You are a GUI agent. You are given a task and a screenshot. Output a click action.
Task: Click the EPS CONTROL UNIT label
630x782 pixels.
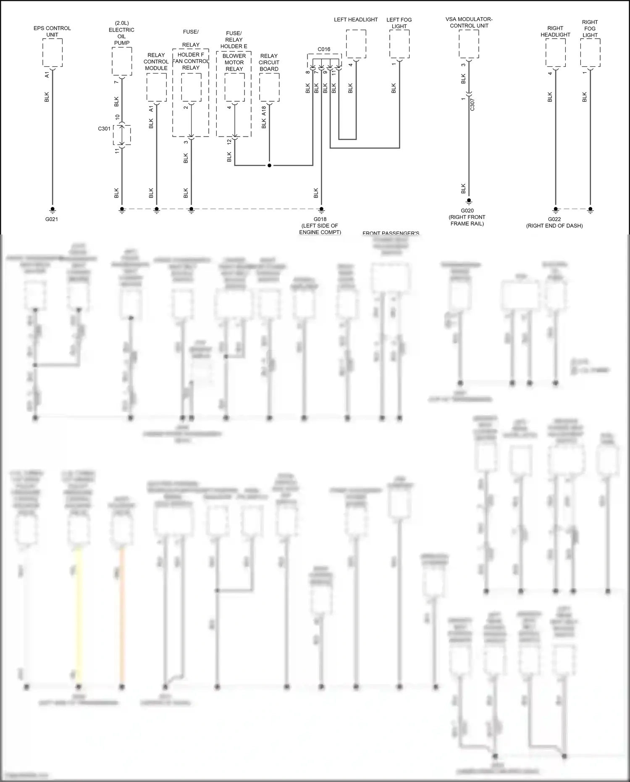point(52,32)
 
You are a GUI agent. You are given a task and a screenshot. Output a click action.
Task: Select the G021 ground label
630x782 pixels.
point(52,219)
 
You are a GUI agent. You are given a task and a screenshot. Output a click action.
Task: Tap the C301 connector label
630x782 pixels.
point(104,129)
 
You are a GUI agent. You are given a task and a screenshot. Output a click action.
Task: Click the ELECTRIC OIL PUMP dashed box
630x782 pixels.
point(122,61)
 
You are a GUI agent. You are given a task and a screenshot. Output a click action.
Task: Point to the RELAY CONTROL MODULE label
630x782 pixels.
point(156,62)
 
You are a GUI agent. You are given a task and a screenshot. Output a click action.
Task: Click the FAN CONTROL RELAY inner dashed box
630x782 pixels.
point(191,87)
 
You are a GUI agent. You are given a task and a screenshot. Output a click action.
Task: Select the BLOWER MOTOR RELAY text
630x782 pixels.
point(234,62)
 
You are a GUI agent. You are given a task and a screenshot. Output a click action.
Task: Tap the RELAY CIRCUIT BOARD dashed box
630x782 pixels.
point(269,87)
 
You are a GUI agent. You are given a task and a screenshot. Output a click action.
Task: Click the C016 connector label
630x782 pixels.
point(324,49)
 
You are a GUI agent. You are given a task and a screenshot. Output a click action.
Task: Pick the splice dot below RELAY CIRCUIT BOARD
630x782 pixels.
point(269,166)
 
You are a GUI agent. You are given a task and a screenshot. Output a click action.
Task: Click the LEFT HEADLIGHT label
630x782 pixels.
point(356,20)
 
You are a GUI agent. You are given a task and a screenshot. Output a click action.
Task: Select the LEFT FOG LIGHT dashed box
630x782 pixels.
point(399,44)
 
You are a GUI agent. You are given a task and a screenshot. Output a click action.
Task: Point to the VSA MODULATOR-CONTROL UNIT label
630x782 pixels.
point(469,23)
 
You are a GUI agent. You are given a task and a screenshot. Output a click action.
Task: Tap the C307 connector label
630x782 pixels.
point(472,105)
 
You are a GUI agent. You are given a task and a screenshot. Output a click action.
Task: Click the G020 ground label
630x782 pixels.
point(467,211)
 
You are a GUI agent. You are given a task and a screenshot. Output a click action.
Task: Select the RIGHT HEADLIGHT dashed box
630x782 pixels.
point(555,53)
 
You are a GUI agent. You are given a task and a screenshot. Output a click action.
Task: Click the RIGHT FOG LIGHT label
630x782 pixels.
point(590,29)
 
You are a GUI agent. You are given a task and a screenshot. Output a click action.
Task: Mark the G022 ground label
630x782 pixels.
point(554,219)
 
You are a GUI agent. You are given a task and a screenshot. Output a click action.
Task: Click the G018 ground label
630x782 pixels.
point(320,219)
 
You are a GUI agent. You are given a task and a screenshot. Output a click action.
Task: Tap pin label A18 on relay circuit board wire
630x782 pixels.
point(264,111)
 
